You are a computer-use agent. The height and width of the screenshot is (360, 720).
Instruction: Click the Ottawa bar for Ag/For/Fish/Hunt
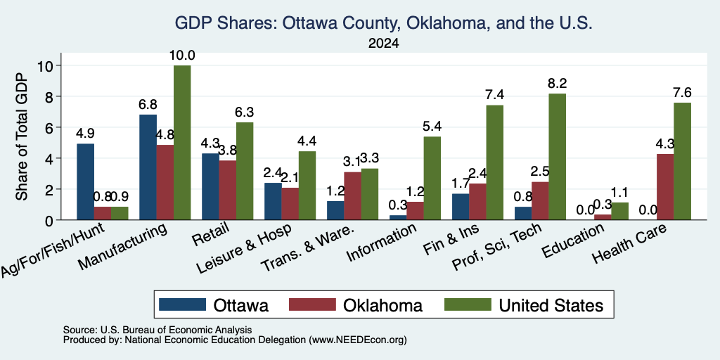coord(85,182)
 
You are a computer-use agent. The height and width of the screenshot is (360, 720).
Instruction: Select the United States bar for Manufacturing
coord(182,142)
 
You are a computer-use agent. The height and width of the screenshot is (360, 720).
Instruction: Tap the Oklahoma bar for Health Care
coord(665,187)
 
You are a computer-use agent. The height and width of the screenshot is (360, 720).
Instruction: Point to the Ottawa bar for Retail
coord(210,186)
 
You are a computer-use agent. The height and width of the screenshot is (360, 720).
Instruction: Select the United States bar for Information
coord(432,178)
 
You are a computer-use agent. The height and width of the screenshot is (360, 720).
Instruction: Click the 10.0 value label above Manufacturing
coord(182,56)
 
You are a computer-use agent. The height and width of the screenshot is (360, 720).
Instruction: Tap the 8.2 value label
coord(557,84)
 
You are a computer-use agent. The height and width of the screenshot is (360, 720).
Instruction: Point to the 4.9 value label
coord(85,134)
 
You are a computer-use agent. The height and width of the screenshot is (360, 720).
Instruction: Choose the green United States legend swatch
coord(468,304)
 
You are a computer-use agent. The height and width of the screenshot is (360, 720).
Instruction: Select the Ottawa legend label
coord(240,305)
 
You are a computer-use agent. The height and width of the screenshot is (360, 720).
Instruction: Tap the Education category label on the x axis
coord(572,242)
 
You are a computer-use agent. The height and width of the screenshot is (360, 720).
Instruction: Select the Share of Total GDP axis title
coord(22,136)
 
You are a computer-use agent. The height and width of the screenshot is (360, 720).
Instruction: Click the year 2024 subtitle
coord(383,44)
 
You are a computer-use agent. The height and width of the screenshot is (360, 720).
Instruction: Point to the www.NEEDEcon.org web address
coord(358,340)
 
